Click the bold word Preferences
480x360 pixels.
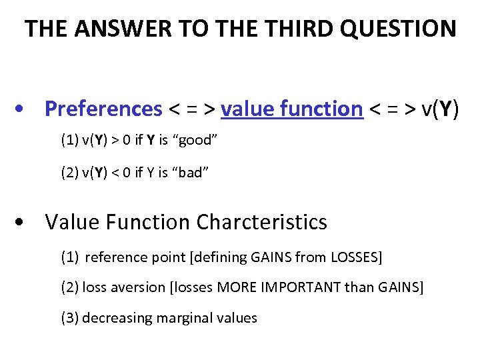pyautogui.click(x=103, y=109)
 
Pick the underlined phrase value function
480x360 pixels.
pyautogui.click(x=291, y=109)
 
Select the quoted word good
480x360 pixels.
pyautogui.click(x=195, y=141)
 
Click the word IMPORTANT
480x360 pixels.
pyautogui.click(x=323, y=287)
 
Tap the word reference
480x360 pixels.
pyautogui.click(x=114, y=257)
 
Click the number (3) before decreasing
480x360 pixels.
pyautogui.click(x=69, y=318)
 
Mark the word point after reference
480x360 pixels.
pyautogui.click(x=163, y=257)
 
